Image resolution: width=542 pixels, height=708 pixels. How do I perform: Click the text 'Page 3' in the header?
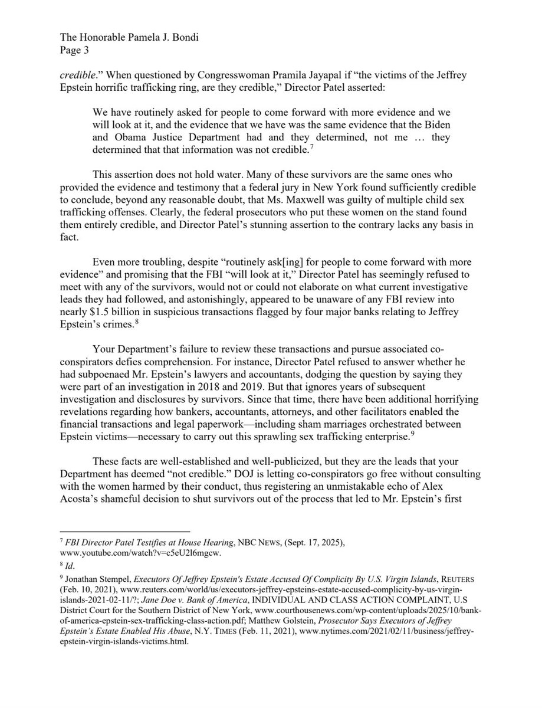pyautogui.click(x=75, y=50)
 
